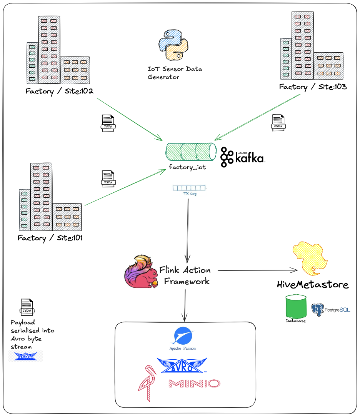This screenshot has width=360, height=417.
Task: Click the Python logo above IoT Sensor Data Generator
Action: point(173,45)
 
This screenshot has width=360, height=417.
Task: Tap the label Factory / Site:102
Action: point(60,91)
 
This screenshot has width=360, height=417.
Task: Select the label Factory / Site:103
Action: point(313,87)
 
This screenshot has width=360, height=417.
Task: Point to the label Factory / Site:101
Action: point(50,238)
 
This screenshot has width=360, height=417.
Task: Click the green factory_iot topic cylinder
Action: point(190,152)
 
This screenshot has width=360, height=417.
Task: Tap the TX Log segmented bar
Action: point(189,188)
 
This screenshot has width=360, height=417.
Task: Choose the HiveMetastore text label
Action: point(313,285)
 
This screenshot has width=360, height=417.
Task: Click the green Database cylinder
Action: point(296,306)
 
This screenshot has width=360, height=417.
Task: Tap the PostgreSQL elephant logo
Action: point(317,310)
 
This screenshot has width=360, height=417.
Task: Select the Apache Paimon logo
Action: point(183,336)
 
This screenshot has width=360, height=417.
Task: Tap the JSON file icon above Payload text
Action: point(27,307)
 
